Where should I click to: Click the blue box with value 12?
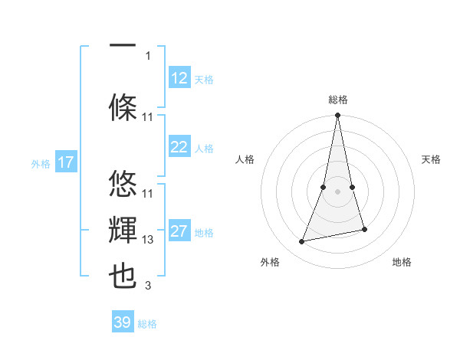pyautogui.click(x=179, y=78)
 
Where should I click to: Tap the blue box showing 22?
pyautogui.click(x=179, y=147)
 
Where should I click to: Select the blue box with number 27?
pyautogui.click(x=179, y=231)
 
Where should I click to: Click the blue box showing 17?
pyautogui.click(x=65, y=162)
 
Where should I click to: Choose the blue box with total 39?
pyautogui.click(x=123, y=322)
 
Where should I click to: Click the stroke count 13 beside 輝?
pyautogui.click(x=149, y=240)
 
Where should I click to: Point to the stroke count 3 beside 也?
pyautogui.click(x=149, y=286)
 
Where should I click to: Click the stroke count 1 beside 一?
pyautogui.click(x=149, y=55)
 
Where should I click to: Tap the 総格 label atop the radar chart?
pyautogui.click(x=338, y=100)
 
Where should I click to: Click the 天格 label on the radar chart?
pyautogui.click(x=432, y=159)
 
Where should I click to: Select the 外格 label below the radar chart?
pyautogui.click(x=270, y=262)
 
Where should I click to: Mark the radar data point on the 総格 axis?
pyautogui.click(x=338, y=116)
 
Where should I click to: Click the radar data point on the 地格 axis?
pyautogui.click(x=364, y=229)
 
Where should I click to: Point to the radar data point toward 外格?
pyautogui.click(x=302, y=241)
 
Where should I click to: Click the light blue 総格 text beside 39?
pyautogui.click(x=147, y=323)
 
